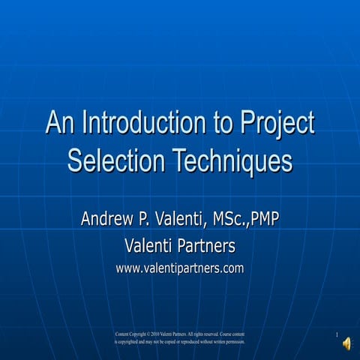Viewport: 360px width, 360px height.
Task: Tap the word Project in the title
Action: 275,123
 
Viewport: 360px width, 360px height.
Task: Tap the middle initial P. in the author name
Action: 146,220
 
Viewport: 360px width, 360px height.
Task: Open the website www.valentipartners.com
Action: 180,268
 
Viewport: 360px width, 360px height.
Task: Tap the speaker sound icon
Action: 346,343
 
